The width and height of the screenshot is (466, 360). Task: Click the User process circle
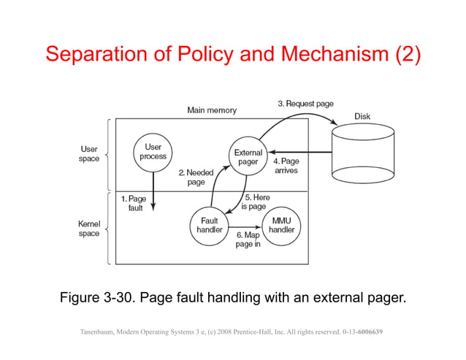153,152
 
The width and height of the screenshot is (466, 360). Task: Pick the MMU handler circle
281,224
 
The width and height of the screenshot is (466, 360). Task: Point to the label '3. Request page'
305,104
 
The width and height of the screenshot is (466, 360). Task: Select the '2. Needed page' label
196,177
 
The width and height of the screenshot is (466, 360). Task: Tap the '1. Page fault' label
133,203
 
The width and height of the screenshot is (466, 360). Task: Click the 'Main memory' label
212,110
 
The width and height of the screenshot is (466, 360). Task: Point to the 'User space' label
89,154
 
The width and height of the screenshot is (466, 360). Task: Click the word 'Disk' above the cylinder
362,116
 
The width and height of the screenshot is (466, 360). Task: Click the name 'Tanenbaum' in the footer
101,332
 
